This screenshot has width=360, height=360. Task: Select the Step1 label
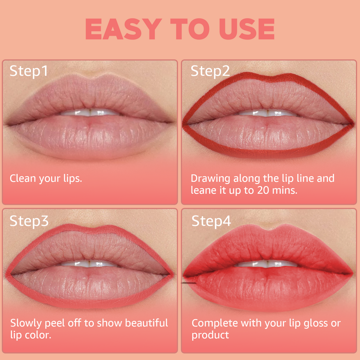(28, 71)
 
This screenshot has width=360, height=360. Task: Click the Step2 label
(210, 71)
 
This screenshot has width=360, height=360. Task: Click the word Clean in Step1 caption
(23, 178)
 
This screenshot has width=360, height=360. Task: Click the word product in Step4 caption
(210, 335)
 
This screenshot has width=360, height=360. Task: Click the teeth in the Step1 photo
(90, 112)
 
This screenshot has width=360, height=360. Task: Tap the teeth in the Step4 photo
(267, 263)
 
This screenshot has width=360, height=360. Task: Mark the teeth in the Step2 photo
(267, 113)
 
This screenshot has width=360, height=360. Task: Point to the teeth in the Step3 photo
(89, 263)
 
